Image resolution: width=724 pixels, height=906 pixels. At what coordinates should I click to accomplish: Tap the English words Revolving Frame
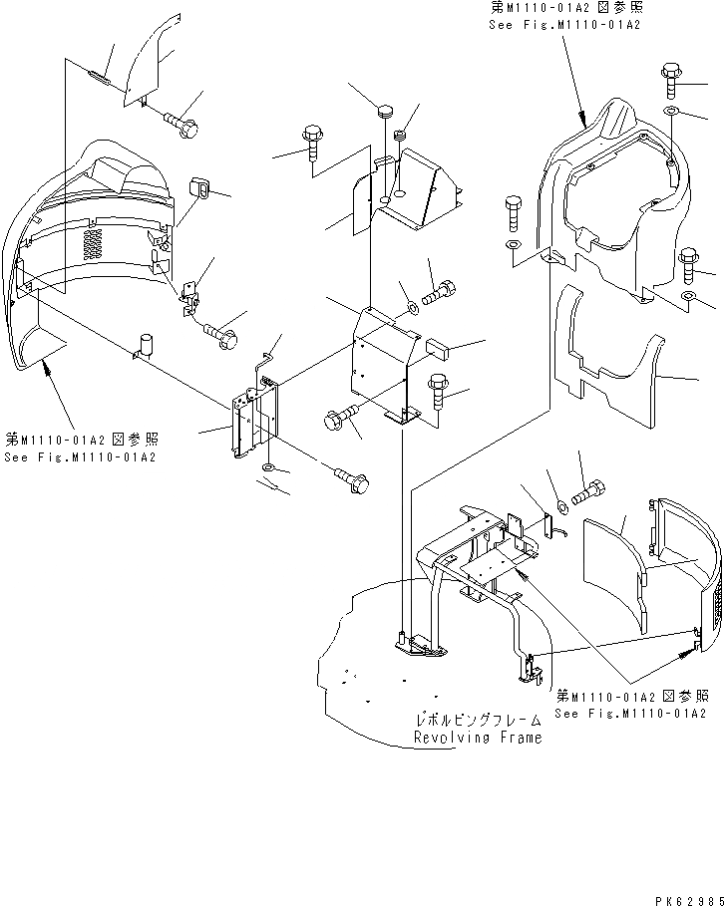tap(478, 739)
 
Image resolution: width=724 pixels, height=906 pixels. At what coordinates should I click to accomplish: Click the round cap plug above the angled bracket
tap(386, 110)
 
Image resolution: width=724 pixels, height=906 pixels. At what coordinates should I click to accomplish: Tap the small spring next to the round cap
tap(403, 135)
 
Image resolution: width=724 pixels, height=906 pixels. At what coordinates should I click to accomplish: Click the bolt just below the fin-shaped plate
tap(183, 126)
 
